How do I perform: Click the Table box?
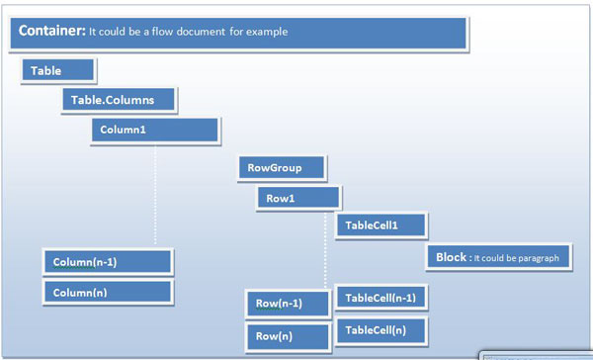58,71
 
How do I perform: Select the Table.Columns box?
120,100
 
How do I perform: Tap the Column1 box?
154,130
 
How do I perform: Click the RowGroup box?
282,168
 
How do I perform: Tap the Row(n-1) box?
287,304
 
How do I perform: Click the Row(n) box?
287,336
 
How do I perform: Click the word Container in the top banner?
51,31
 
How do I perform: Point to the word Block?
451,257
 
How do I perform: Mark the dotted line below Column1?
155,193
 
